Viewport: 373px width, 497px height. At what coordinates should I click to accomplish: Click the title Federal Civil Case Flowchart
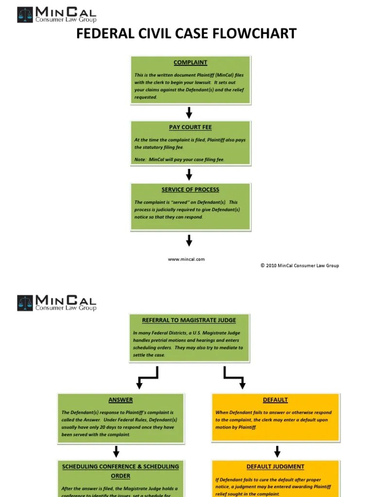[186, 33]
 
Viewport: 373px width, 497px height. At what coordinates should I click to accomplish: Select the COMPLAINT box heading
[190, 63]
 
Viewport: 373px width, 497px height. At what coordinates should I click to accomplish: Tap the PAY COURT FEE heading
[190, 127]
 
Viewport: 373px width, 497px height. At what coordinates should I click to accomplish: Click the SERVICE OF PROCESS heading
[190, 190]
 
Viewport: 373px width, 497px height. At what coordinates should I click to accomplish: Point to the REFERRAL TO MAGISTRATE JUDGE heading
[189, 320]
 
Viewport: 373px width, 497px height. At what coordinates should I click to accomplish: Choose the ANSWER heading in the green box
[120, 400]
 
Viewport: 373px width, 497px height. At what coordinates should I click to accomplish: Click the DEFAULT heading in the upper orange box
[275, 400]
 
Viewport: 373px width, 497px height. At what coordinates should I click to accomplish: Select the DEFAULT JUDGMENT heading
[275, 466]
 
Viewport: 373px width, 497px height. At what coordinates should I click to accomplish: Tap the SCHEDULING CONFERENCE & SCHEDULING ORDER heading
[120, 471]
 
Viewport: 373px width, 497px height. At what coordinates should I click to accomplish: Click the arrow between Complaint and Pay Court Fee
[189, 113]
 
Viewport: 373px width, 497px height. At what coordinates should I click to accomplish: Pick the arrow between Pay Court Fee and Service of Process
[189, 175]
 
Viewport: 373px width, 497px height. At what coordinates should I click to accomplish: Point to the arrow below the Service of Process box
[189, 240]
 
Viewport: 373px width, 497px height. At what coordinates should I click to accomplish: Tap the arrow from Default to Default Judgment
[277, 451]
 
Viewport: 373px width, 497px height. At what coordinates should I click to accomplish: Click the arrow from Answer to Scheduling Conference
[116, 451]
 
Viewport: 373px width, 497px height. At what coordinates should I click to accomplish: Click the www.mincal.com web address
[186, 259]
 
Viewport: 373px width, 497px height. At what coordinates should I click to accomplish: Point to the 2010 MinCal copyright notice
[300, 265]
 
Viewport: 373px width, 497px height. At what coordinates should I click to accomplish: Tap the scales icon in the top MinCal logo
[25, 15]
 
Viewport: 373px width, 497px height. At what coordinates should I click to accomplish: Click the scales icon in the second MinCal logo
[25, 303]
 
